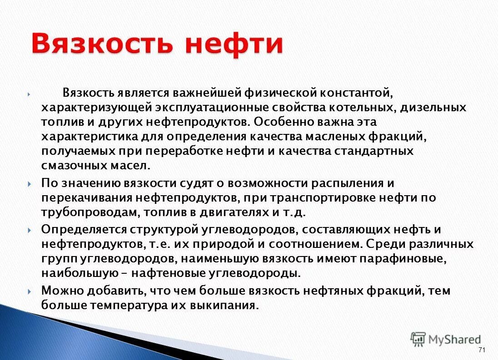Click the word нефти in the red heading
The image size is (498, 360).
tap(234, 44)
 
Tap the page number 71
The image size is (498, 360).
tap(482, 350)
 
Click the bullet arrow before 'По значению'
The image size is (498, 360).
tap(29, 184)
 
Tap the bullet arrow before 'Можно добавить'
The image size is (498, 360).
tap(29, 291)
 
